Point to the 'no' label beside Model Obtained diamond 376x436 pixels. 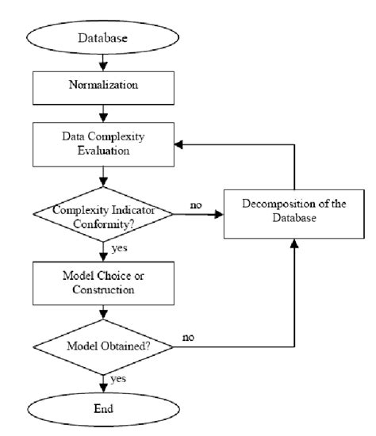(x=190, y=337)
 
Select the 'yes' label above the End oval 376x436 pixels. (x=120, y=378)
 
